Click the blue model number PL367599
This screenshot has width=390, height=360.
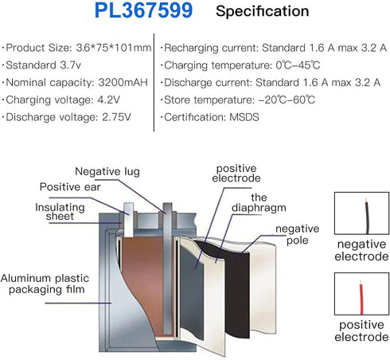(x=143, y=10)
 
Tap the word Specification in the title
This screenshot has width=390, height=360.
(x=263, y=11)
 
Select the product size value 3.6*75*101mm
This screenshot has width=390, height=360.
(x=114, y=48)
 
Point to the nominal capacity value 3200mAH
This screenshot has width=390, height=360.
(x=123, y=83)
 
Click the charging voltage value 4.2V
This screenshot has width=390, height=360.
(x=109, y=100)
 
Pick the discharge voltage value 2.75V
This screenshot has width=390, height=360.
(x=117, y=117)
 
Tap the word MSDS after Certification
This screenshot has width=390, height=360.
(x=244, y=117)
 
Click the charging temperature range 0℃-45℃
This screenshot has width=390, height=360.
(x=298, y=65)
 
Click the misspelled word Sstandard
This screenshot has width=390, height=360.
(x=31, y=65)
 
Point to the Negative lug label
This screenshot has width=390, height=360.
(x=107, y=172)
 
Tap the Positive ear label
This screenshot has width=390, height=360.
(x=70, y=187)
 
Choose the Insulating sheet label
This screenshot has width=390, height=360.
(x=60, y=212)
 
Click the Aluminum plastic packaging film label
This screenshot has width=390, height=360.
(x=45, y=284)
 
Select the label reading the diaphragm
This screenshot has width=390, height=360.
(x=259, y=202)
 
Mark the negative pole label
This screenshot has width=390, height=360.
(x=297, y=234)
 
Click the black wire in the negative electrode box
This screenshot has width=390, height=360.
(x=367, y=217)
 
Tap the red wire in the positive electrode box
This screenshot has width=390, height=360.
(x=361, y=297)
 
